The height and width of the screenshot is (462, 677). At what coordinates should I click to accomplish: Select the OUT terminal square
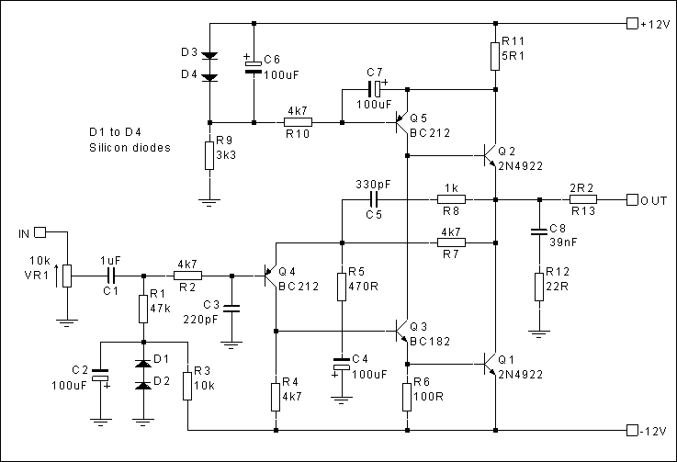[630, 199]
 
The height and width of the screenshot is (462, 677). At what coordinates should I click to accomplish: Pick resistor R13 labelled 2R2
[583, 199]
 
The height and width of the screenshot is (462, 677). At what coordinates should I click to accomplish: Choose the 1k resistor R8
[451, 199]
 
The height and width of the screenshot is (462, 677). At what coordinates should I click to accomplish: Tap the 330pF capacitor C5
[374, 199]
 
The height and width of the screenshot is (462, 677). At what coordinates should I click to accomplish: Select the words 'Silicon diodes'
[130, 146]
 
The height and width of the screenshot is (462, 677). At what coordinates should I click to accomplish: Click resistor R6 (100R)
[406, 397]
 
